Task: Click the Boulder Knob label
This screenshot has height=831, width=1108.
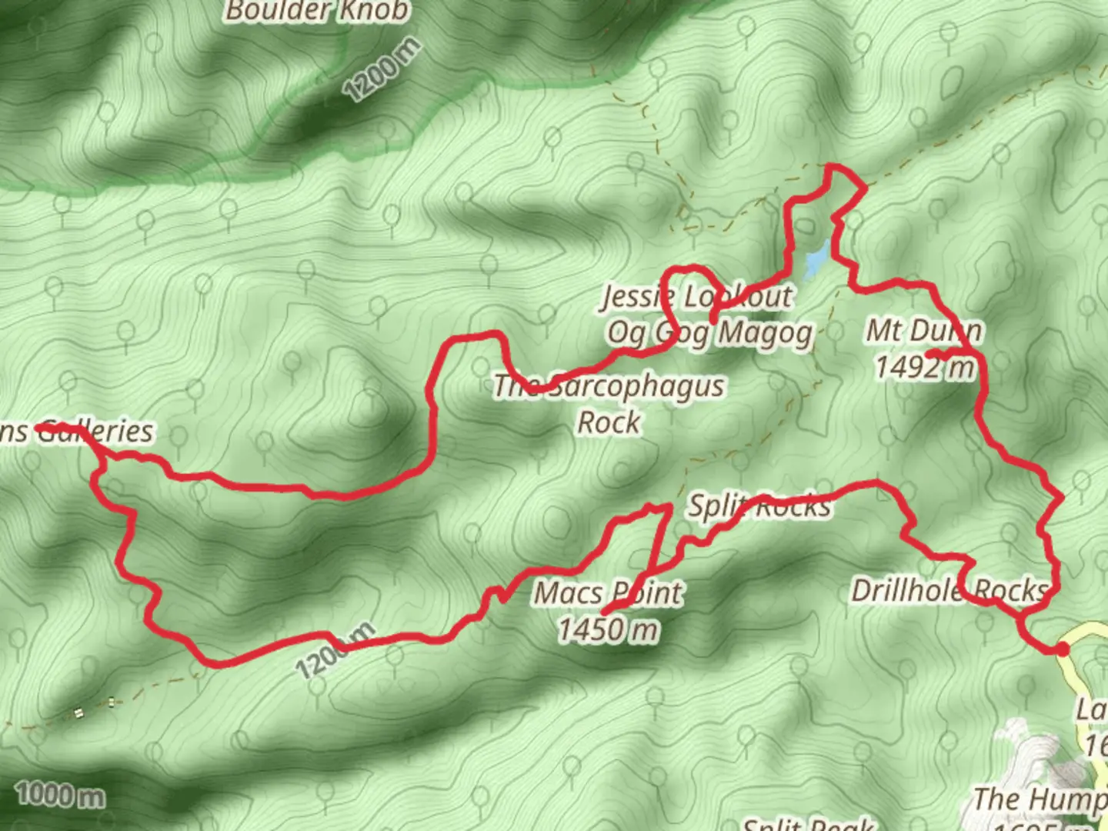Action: tap(317, 11)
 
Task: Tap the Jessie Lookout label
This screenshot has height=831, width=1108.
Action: tap(696, 296)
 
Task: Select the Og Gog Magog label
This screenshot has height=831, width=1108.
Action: tap(709, 333)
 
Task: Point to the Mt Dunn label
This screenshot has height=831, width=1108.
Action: tap(924, 330)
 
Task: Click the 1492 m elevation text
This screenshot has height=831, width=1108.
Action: tap(924, 367)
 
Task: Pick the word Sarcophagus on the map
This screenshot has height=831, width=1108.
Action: tap(636, 385)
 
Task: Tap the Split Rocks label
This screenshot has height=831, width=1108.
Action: tap(759, 506)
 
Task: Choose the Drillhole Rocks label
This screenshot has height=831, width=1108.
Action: tap(949, 590)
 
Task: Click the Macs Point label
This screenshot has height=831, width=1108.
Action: tap(608, 592)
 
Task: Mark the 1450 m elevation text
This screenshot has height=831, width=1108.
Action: tap(608, 629)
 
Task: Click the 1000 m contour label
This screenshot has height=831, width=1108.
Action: tap(60, 794)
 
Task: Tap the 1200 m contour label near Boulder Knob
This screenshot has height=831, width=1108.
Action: tap(382, 70)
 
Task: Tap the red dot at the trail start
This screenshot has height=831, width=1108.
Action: tap(1063, 649)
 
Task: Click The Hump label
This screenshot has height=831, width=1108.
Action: tap(1039, 800)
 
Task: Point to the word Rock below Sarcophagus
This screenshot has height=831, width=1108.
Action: tap(609, 422)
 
